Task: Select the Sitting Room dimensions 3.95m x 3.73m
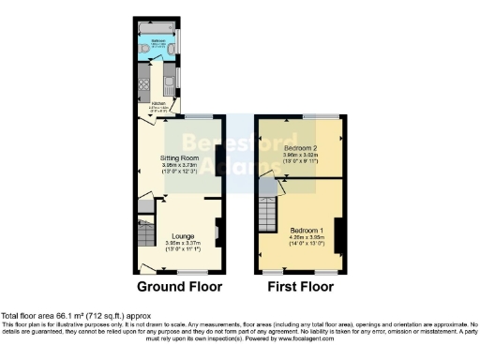(x=178, y=167)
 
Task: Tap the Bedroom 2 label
(x=300, y=149)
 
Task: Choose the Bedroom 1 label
(x=307, y=230)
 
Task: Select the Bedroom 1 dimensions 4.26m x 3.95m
(x=307, y=238)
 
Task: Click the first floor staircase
(x=269, y=217)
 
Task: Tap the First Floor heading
(x=301, y=286)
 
